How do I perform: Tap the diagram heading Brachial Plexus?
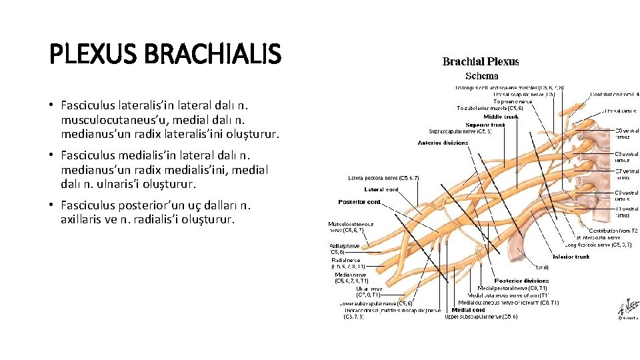coord(481,62)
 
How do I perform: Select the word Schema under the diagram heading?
coord(481,75)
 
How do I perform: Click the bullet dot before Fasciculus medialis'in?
coord(51,155)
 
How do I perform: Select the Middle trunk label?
coord(501,117)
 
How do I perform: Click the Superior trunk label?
coord(485,125)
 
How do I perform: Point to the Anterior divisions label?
coord(444,143)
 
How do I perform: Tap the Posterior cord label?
coord(359,202)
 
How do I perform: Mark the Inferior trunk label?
coord(571,257)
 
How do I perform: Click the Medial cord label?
coord(469,310)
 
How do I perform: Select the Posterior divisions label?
coord(521,281)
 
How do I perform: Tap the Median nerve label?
coord(351,275)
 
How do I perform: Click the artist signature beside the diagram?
coord(626,307)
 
